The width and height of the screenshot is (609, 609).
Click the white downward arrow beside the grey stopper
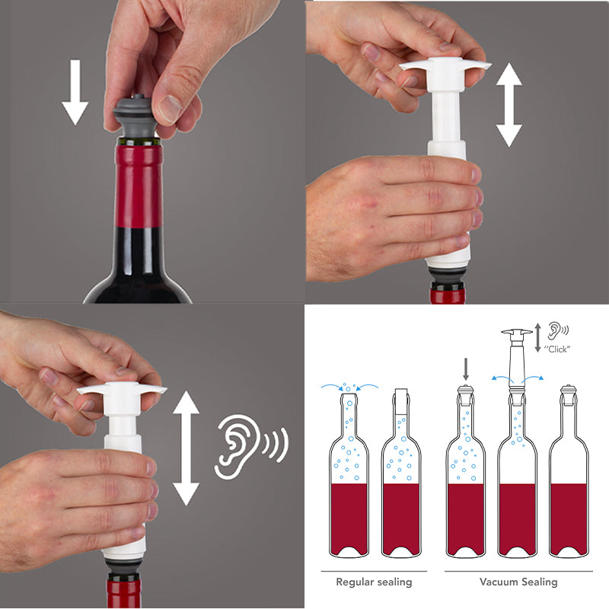pyautogui.click(x=75, y=92)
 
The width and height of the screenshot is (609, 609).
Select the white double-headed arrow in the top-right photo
pyautogui.click(x=509, y=105)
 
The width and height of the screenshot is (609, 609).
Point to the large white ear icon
pyautogui.click(x=237, y=447)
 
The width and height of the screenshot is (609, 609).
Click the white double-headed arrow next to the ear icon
pyautogui.click(x=186, y=448)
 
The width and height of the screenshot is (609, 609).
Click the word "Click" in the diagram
pyautogui.click(x=557, y=349)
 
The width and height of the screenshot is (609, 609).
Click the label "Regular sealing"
pyautogui.click(x=374, y=582)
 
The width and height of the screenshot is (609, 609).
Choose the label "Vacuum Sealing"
pyautogui.click(x=518, y=582)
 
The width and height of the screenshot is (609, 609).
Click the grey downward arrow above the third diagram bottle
pyautogui.click(x=466, y=369)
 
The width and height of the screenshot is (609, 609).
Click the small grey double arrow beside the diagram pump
pyautogui.click(x=538, y=338)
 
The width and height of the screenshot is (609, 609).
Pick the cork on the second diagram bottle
pyautogui.click(x=401, y=401)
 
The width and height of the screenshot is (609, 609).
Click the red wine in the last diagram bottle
pyautogui.click(x=569, y=518)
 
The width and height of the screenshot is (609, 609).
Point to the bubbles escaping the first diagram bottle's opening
pyautogui.click(x=349, y=387)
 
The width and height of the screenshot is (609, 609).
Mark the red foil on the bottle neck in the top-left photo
pyautogui.click(x=139, y=187)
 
